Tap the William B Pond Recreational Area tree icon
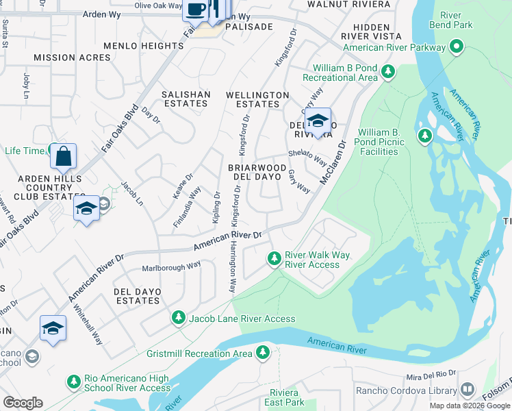pos(389,71)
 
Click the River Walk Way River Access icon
pos(274,258)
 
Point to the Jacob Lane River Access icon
pos(179,317)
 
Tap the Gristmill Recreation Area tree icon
pos(262,353)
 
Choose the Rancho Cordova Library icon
pos(468,390)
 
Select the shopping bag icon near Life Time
pos(63,157)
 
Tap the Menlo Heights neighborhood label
pos(143,46)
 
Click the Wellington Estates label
pos(257,99)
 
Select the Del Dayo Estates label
pos(138,296)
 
